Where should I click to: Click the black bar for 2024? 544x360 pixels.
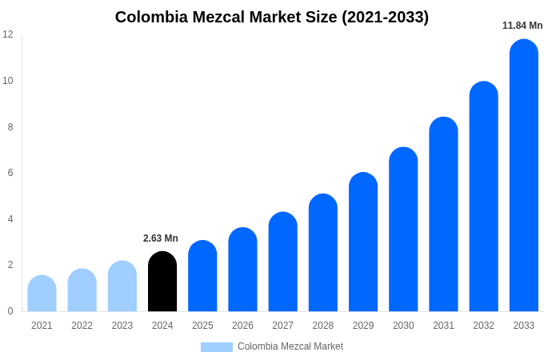(162, 282)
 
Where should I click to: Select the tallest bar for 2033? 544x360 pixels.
(524, 176)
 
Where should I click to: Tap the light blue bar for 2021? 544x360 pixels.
(42, 294)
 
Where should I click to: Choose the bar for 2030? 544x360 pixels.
(403, 230)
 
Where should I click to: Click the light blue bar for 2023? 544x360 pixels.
(122, 286)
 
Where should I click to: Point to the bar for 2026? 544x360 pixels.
(242, 270)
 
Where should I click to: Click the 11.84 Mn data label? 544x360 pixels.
(522, 26)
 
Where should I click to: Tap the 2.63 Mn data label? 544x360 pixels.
(161, 238)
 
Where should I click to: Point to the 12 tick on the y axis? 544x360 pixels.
(8, 34)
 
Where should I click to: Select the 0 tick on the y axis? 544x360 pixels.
(10, 311)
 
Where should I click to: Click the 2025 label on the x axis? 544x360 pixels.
(202, 326)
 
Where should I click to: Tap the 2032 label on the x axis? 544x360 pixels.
(483, 326)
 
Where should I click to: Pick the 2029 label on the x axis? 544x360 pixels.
(363, 326)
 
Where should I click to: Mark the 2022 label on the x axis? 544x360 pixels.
(82, 326)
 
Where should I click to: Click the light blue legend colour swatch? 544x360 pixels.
(216, 347)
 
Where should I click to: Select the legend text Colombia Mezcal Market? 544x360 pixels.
(290, 346)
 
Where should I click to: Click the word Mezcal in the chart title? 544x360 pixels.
(216, 17)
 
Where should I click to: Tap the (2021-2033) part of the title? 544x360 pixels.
(386, 17)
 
